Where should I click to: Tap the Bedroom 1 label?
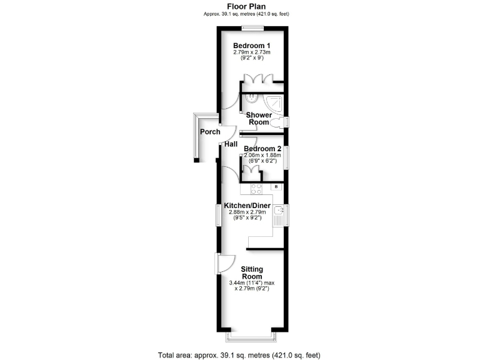click(x=252, y=46)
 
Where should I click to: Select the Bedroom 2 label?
click(x=262, y=149)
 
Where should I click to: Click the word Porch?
click(x=209, y=132)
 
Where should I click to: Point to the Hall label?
click(x=231, y=144)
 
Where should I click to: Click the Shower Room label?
click(x=259, y=119)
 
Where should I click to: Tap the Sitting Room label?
click(x=252, y=272)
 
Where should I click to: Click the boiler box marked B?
click(x=275, y=187)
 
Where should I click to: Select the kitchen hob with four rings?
click(x=256, y=188)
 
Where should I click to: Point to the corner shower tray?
click(x=276, y=102)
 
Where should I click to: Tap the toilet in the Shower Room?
click(x=279, y=122)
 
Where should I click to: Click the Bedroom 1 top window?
click(x=252, y=27)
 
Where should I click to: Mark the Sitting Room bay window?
click(x=252, y=337)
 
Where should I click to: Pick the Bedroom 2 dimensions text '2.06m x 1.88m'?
click(x=262, y=155)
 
